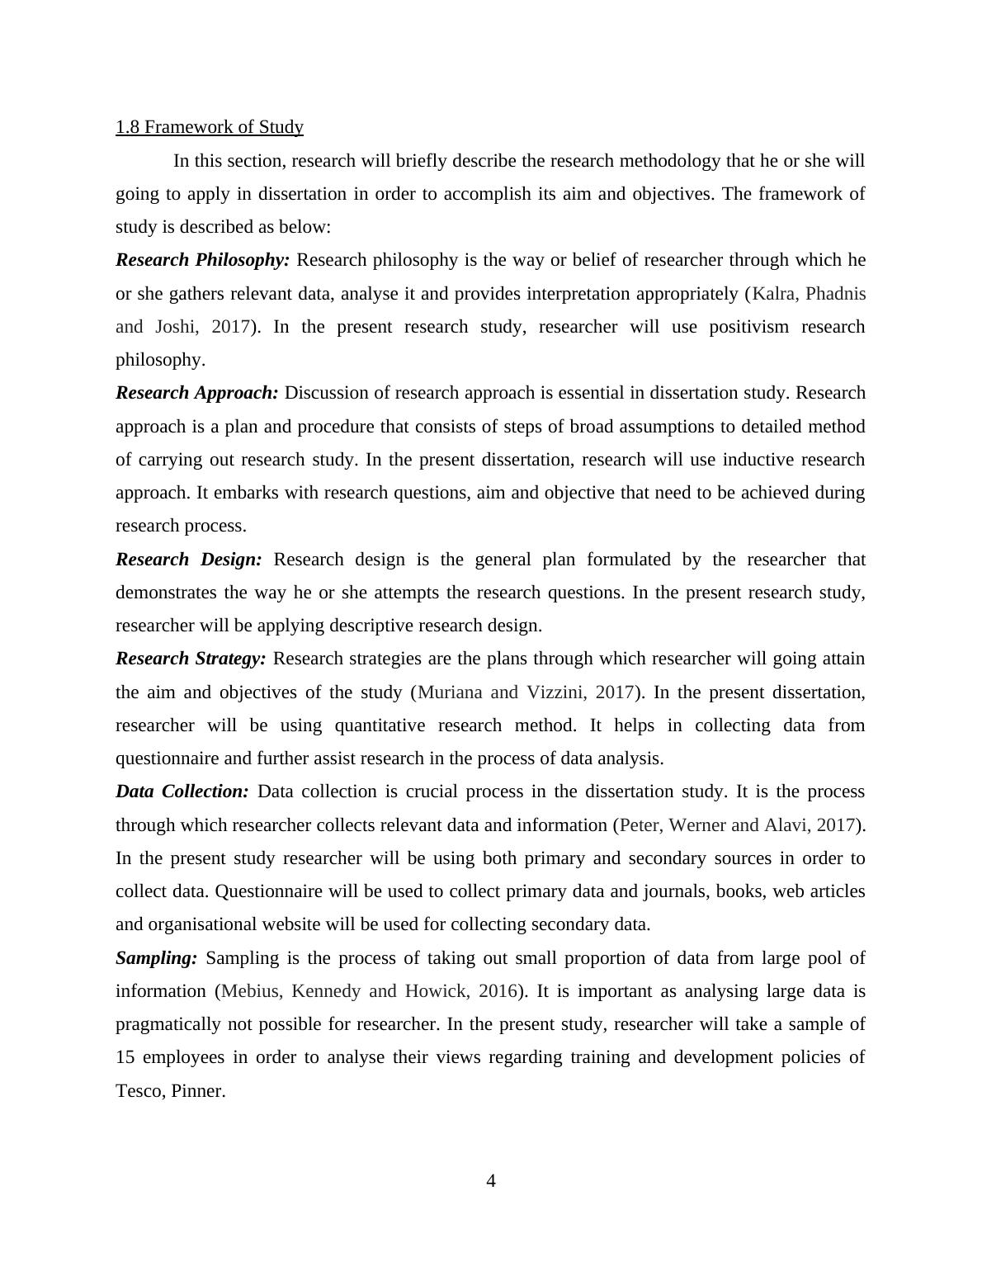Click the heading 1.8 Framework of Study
[x=210, y=127]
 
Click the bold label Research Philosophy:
[x=203, y=260]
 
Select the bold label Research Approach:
[x=197, y=393]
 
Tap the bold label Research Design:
[x=189, y=560]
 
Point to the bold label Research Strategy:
[x=191, y=659]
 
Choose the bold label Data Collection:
[x=182, y=791]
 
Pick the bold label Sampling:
[x=157, y=958]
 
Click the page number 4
[x=491, y=1181]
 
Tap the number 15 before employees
[x=125, y=1058]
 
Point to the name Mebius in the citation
[x=251, y=991]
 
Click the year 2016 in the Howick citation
[x=497, y=991]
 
